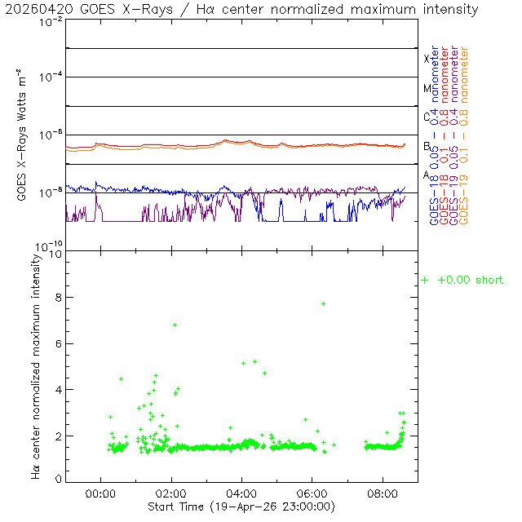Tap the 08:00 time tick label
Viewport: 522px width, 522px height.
click(383, 493)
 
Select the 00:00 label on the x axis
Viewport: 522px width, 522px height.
click(100, 493)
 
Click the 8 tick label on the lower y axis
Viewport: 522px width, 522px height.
click(57, 299)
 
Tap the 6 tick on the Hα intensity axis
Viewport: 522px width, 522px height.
click(57, 344)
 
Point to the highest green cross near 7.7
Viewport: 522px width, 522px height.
click(324, 303)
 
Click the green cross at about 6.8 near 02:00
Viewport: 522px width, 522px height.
click(175, 325)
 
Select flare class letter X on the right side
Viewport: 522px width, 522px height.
click(427, 59)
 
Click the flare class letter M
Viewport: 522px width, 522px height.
click(427, 88)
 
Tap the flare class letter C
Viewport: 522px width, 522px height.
click(427, 117)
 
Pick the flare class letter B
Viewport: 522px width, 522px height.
click(427, 146)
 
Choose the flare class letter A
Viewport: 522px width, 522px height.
click(427, 175)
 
